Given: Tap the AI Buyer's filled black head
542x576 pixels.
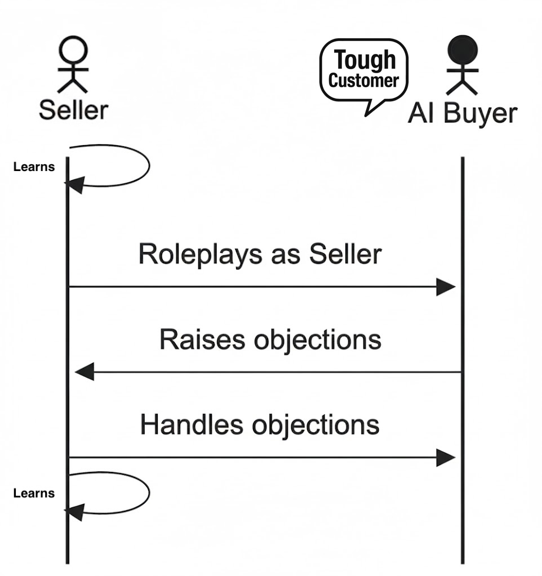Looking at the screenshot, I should (x=462, y=51).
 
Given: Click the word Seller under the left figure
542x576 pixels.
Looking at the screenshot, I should (x=73, y=109).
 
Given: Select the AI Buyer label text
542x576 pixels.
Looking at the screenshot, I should (x=462, y=113).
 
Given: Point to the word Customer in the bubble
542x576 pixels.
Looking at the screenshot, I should (x=363, y=80).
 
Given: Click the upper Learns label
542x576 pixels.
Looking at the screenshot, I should (x=34, y=166).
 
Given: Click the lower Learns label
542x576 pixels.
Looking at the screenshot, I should (x=34, y=493).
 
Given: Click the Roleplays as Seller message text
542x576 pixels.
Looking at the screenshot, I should (x=260, y=255).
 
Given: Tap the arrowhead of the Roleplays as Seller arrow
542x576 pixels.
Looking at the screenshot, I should (x=446, y=287).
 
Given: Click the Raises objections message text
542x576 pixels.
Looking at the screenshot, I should (x=270, y=340).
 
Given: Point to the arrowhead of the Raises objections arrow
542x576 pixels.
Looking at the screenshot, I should (x=85, y=372).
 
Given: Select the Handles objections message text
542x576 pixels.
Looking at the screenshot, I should (x=260, y=425).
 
